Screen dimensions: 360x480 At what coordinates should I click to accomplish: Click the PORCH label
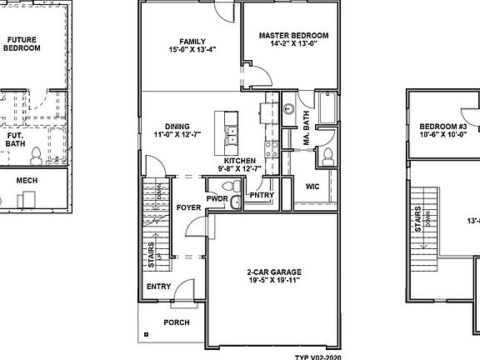click(x=176, y=322)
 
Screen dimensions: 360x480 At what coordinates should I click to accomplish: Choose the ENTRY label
click(x=158, y=286)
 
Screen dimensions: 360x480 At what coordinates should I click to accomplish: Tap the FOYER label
click(x=188, y=207)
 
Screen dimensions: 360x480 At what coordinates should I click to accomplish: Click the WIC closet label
click(x=313, y=186)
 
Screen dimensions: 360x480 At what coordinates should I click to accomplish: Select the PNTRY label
click(x=261, y=197)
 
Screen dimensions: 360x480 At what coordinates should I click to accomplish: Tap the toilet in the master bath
click(x=327, y=155)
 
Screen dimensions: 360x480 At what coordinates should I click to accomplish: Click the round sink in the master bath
click(x=288, y=107)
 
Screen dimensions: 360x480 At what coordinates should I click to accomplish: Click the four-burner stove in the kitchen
click(x=272, y=150)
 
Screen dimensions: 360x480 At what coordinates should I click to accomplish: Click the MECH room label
click(x=33, y=179)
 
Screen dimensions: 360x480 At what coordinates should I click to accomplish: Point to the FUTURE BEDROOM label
click(x=22, y=43)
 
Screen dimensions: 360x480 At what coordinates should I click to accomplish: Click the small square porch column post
click(x=146, y=335)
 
